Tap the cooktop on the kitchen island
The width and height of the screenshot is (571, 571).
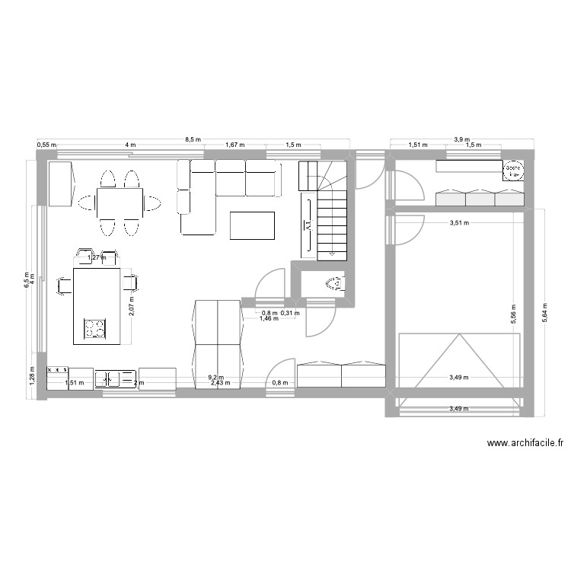(x=94, y=328)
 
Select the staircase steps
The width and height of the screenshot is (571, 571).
(x=332, y=221)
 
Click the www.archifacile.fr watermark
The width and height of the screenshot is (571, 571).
(x=525, y=443)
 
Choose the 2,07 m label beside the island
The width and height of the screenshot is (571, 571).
(x=131, y=305)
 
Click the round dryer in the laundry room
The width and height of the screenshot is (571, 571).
(x=514, y=171)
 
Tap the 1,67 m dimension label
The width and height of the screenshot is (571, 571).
(x=234, y=145)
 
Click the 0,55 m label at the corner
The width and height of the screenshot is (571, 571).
(x=46, y=145)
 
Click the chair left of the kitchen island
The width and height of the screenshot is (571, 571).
(x=64, y=284)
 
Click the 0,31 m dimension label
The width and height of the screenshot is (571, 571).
(x=291, y=312)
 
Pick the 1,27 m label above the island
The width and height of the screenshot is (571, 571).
(x=95, y=258)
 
